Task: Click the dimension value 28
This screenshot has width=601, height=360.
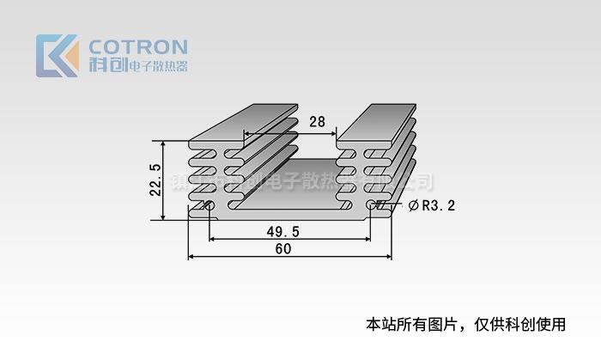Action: (317, 123)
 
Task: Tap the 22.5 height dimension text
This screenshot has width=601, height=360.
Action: (155, 180)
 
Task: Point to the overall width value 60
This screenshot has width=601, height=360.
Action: (282, 249)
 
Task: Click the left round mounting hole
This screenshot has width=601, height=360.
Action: (209, 205)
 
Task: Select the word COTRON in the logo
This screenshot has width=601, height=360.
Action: (138, 46)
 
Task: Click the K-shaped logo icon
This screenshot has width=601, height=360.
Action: (58, 56)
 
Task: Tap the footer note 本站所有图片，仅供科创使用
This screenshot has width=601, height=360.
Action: (466, 325)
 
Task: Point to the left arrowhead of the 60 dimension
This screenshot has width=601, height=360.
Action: (191, 256)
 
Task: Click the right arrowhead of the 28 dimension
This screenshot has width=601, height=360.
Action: (334, 133)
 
